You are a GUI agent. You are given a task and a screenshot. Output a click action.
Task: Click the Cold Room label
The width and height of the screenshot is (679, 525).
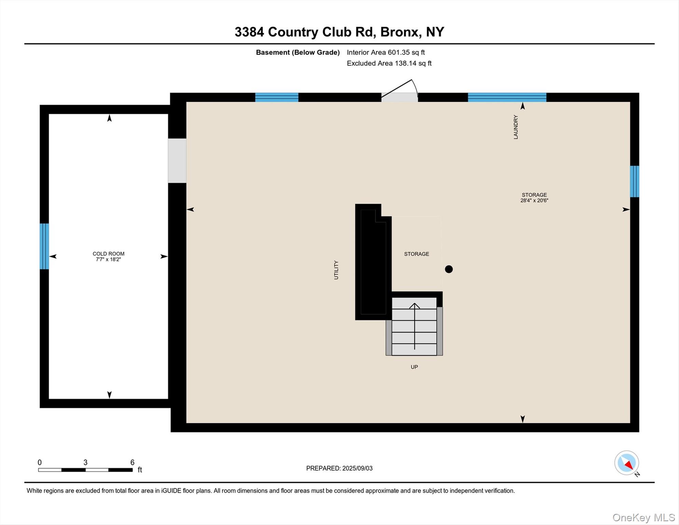point(108,254)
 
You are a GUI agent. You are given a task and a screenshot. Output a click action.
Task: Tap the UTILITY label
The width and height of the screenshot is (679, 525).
point(336,270)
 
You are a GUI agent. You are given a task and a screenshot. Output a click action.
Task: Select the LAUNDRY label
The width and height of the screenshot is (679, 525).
point(516,127)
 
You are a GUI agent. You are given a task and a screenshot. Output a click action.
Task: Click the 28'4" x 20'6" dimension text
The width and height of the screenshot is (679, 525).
point(534,201)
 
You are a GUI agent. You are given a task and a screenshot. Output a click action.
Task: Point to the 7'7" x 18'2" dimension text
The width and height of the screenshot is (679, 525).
point(108,259)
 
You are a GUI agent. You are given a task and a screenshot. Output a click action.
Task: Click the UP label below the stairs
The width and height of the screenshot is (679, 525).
point(414,367)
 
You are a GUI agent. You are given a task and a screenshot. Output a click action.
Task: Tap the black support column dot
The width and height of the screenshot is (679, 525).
point(449,269)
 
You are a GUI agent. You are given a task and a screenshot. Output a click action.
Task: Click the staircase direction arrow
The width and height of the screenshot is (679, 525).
point(414,325)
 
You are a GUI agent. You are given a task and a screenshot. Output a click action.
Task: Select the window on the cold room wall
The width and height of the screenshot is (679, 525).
point(44,246)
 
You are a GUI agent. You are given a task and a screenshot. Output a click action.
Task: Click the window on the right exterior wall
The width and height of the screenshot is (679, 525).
point(634,181)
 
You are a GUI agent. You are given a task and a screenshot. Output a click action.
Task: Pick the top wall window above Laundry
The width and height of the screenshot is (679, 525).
point(507,97)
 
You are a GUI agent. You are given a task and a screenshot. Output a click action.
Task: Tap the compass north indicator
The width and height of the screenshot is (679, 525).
point(627,463)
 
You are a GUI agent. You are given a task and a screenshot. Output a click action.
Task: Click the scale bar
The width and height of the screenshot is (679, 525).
point(85,470)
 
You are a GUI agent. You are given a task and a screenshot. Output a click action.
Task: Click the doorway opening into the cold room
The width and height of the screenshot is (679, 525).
point(177,161)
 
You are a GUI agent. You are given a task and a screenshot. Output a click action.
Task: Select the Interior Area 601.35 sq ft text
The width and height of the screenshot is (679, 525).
point(386,52)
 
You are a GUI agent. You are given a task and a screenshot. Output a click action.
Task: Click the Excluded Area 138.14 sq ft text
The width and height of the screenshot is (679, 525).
point(389,63)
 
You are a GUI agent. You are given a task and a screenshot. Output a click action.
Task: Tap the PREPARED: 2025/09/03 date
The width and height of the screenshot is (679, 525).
point(339,468)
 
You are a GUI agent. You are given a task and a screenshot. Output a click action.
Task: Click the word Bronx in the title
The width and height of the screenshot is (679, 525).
point(400,32)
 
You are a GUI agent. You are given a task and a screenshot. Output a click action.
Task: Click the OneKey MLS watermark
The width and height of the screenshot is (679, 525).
point(643,517)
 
